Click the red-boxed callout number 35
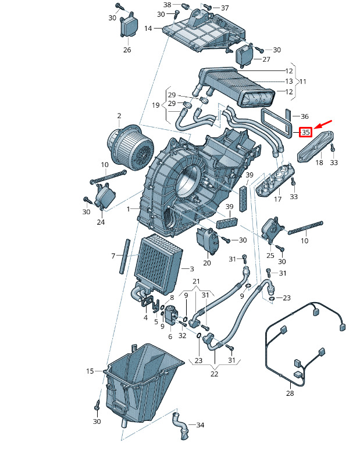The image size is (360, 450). [x=305, y=132]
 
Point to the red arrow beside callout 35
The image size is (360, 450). [x=323, y=125]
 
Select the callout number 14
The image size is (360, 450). [x=148, y=29]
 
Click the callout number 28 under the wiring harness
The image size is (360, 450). [x=290, y=393]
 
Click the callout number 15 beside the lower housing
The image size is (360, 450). [x=90, y=371]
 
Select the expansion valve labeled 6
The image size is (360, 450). [x=170, y=314]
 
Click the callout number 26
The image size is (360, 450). [x=127, y=49]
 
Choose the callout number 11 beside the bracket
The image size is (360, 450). [x=303, y=82]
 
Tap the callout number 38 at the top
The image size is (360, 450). [x=167, y=5]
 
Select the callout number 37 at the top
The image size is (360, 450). [x=224, y=8]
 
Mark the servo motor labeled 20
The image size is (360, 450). [x=207, y=240]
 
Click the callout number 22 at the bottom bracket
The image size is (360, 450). [x=214, y=374]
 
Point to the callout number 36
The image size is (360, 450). [x=304, y=116]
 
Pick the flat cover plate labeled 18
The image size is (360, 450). [x=315, y=146]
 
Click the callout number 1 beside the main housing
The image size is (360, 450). [x=129, y=209]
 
